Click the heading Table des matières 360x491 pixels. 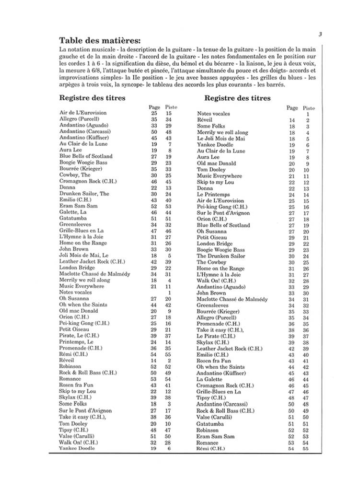(100, 40)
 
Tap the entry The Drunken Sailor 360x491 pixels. (221, 256)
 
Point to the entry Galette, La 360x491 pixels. (73, 212)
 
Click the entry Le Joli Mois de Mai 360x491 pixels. (221, 139)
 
